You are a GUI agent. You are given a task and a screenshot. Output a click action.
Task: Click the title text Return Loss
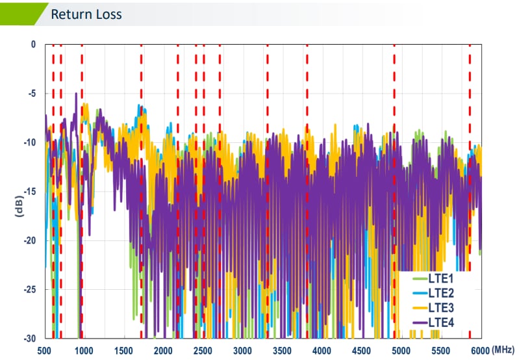[x=86, y=14]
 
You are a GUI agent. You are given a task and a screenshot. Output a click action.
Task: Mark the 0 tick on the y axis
[x=33, y=44]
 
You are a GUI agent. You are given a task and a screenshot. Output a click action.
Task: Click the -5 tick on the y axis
[x=31, y=94]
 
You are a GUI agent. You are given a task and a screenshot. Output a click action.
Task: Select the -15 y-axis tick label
[x=29, y=192]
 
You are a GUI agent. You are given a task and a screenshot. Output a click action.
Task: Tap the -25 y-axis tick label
[x=29, y=290]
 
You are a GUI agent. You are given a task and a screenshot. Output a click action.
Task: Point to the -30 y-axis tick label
[x=29, y=339]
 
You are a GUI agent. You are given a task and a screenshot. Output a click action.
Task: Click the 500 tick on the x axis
[x=45, y=351]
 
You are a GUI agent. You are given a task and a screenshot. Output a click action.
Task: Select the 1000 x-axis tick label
[x=84, y=351]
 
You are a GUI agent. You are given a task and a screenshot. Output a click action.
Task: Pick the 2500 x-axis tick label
[x=203, y=351]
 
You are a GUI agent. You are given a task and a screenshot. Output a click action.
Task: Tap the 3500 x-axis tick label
[x=283, y=351]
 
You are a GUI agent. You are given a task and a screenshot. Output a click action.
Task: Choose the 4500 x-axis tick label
[x=362, y=351]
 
